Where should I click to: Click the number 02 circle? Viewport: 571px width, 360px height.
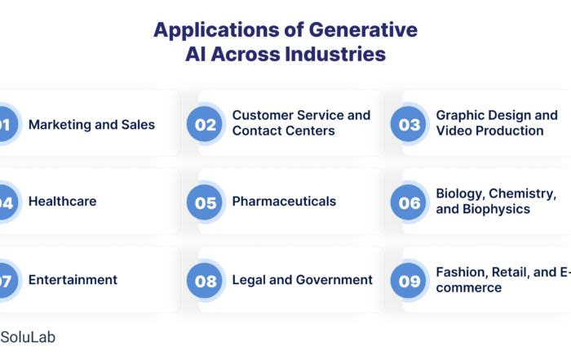pyautogui.click(x=205, y=124)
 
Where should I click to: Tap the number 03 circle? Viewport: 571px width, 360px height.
pyautogui.click(x=408, y=124)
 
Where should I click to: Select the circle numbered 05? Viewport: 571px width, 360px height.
pyautogui.click(x=205, y=202)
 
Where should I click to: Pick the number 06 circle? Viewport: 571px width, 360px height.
pyautogui.click(x=408, y=202)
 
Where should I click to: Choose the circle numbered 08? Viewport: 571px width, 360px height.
pyautogui.click(x=205, y=281)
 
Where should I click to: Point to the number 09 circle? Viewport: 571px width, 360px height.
pyautogui.click(x=408, y=281)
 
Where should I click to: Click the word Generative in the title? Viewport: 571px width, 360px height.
pyautogui.click(x=363, y=29)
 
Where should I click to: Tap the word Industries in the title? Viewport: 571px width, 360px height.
pyautogui.click(x=335, y=54)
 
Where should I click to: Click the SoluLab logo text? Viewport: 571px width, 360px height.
pyautogui.click(x=28, y=337)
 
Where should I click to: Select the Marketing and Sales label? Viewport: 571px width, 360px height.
pyautogui.click(x=91, y=125)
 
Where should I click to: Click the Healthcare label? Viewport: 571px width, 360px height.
pyautogui.click(x=63, y=201)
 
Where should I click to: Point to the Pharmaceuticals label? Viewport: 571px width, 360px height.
pyautogui.click(x=284, y=201)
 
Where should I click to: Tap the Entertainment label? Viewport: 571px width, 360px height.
pyautogui.click(x=73, y=280)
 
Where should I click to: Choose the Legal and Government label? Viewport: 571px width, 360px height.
pyautogui.click(x=303, y=280)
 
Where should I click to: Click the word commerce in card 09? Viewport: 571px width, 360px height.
pyautogui.click(x=469, y=288)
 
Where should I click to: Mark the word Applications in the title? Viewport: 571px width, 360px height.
pyautogui.click(x=217, y=30)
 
